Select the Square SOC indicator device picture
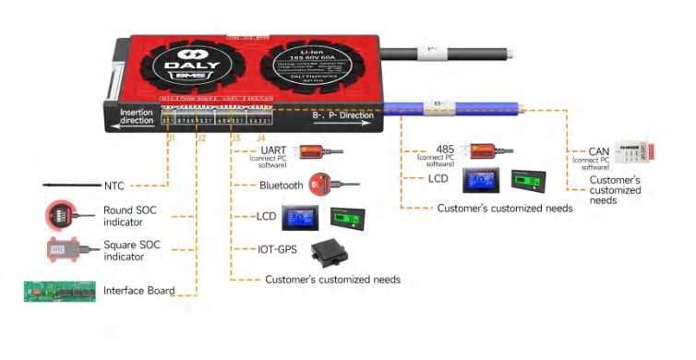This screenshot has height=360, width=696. pyautogui.click(x=62, y=249)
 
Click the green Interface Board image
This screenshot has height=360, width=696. pyautogui.click(x=59, y=292)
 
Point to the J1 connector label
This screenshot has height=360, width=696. pyautogui.click(x=169, y=138)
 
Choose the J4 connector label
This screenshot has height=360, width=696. pyautogui.click(x=260, y=138)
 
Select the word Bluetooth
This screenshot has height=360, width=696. pyautogui.click(x=281, y=186)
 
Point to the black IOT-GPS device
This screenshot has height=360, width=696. pyautogui.click(x=331, y=250)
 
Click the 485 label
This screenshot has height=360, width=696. pyautogui.click(x=444, y=149)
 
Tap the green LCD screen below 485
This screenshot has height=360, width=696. pyautogui.click(x=529, y=179)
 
